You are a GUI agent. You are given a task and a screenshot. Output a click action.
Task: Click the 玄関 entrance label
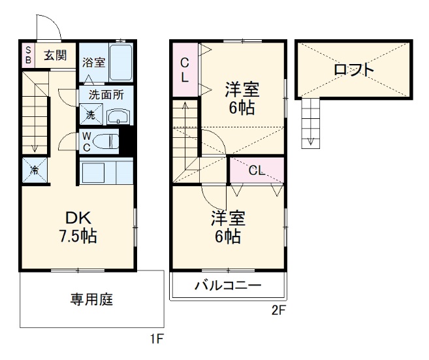point(56,56)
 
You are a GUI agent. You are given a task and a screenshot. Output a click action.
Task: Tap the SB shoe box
point(27,55)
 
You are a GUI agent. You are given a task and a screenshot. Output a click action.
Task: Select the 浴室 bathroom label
point(93,63)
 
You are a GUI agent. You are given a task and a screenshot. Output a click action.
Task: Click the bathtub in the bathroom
point(121,63)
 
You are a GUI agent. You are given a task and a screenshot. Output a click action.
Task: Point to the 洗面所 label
point(106,94)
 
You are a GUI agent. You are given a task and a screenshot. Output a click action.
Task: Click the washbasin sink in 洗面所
point(119,117)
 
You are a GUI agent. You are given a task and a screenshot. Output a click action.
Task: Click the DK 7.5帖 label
point(77,226)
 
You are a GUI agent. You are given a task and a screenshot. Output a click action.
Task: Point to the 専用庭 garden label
point(91,300)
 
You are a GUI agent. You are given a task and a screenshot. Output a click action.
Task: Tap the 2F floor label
point(278,311)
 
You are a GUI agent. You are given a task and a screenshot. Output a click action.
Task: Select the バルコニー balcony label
point(228,286)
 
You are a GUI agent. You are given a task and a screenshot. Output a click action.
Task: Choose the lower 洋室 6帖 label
point(225,226)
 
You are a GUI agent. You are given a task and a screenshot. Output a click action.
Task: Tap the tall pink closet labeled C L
point(185,69)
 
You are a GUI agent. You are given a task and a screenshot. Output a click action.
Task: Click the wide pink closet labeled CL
point(256,171)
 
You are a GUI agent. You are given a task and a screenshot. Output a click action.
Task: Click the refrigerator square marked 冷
point(34,171)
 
